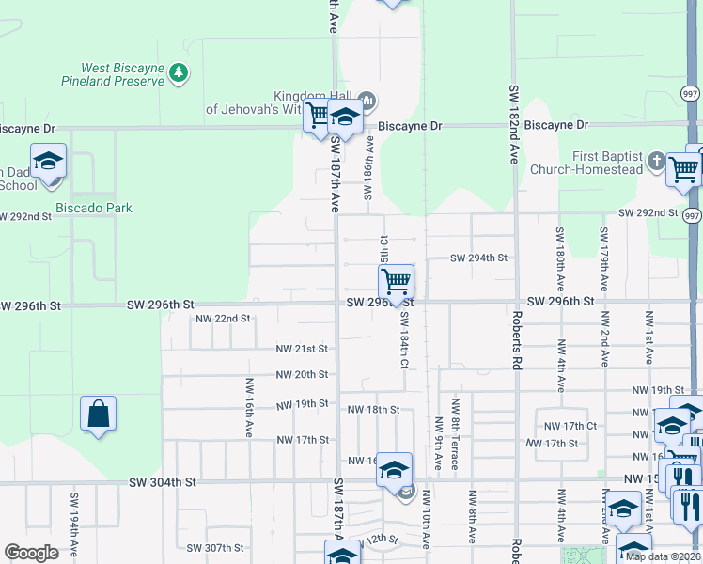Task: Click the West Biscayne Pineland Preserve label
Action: [122, 74]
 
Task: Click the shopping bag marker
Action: [98, 415]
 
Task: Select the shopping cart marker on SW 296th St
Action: [397, 281]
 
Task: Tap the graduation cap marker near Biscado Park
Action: [48, 161]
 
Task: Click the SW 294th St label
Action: [478, 258]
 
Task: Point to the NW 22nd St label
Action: [223, 319]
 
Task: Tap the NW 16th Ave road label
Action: [250, 407]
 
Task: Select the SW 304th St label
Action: [164, 482]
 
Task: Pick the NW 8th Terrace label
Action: [455, 422]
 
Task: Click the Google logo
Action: [32, 553]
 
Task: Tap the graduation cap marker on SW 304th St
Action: [395, 469]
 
